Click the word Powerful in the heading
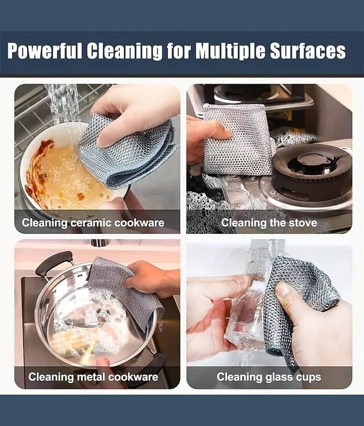tap(45, 51)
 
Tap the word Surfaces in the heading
tap(308, 51)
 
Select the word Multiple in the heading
tap(231, 52)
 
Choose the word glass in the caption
tap(274, 378)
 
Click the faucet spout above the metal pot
tap(100, 243)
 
